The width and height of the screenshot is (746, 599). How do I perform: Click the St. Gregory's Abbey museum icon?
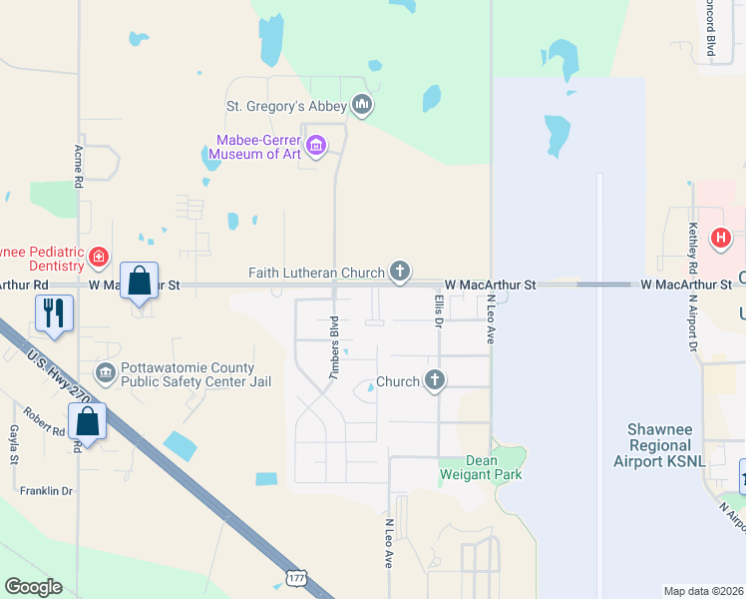point(362,105)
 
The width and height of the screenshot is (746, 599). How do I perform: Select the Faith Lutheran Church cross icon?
point(399,271)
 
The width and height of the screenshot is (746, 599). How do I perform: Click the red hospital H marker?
point(720,239)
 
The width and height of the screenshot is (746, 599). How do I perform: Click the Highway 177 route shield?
point(295,578)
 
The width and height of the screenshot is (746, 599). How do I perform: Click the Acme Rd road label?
point(78,164)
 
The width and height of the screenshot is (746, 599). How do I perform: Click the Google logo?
point(33,587)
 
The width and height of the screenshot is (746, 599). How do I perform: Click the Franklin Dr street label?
point(46,491)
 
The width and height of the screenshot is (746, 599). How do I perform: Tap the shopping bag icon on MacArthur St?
point(140,281)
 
